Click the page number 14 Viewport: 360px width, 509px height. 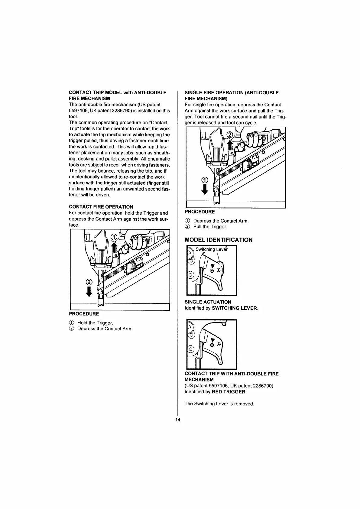pyautogui.click(x=178, y=420)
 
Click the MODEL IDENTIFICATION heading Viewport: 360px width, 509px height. pyautogui.click(x=219, y=240)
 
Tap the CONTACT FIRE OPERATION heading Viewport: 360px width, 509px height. pyautogui.click(x=101, y=207)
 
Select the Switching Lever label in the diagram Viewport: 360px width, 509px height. pyautogui.click(x=211, y=249)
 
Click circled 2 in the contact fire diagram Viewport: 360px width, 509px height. pyautogui.click(x=89, y=282)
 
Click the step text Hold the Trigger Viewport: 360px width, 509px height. pyautogui.click(x=95, y=323)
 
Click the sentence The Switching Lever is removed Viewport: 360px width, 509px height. pyautogui.click(x=219, y=404)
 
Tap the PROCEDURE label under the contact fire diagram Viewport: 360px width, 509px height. pyautogui.click(x=84, y=314)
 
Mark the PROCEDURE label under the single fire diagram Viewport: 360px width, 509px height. pyautogui.click(x=199, y=212)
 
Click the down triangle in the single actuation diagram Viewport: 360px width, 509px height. pyautogui.click(x=212, y=266)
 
